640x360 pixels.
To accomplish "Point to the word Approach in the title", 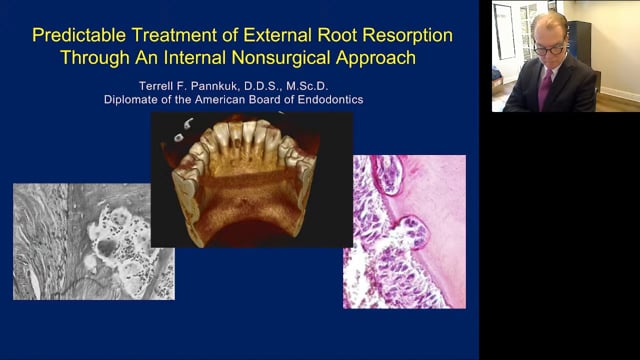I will (x=374, y=57).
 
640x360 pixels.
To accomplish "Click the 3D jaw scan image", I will (x=252, y=179).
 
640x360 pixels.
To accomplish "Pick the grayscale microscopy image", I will (x=93, y=241).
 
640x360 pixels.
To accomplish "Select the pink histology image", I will (x=404, y=231).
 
